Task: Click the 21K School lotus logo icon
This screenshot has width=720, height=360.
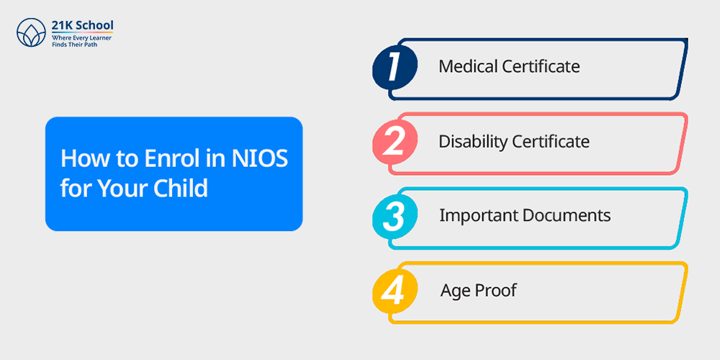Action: [31, 32]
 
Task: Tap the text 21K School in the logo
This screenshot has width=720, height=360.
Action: [82, 25]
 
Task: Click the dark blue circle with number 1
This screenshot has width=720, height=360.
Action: [395, 66]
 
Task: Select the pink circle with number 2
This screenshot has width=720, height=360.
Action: [395, 141]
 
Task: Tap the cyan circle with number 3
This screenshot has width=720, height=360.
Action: [395, 216]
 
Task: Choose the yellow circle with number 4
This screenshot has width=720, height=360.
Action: [395, 291]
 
